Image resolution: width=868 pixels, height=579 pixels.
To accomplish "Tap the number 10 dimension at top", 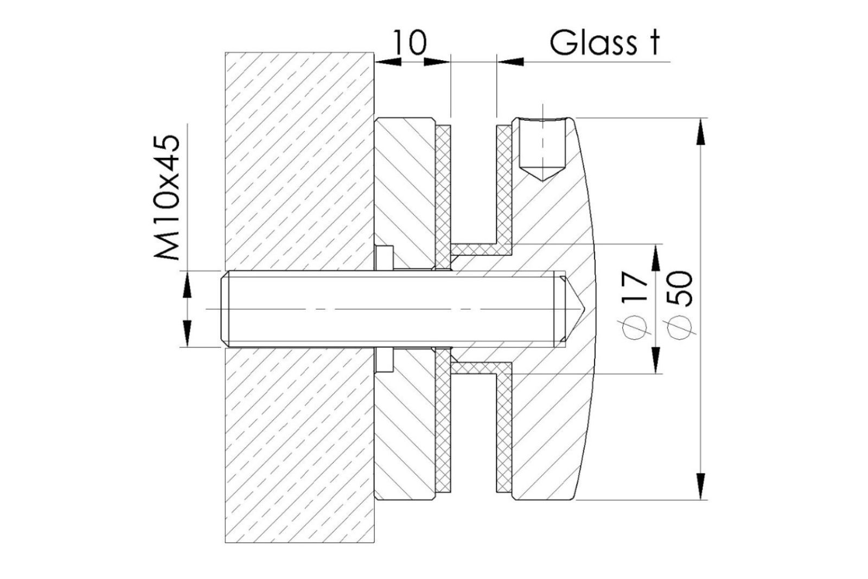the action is click(410, 42).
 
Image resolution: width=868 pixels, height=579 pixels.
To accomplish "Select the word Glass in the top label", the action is click(593, 42).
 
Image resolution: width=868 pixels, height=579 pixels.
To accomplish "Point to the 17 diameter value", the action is click(636, 287).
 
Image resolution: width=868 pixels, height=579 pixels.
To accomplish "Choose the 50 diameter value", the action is click(680, 288).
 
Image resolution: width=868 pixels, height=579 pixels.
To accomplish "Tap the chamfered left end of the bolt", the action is click(225, 309).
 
